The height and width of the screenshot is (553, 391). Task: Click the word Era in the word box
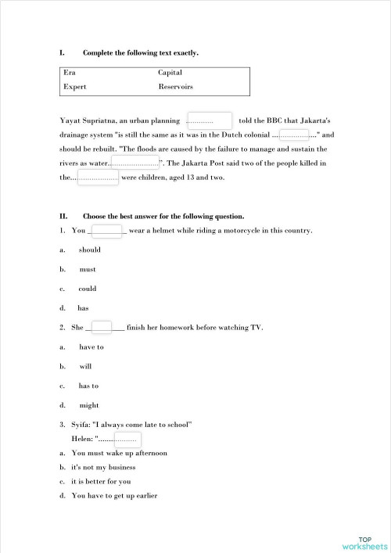pyautogui.click(x=69, y=73)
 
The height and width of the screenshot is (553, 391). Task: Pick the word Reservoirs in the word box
pyautogui.click(x=175, y=87)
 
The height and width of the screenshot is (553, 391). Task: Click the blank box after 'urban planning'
pyautogui.click(x=210, y=121)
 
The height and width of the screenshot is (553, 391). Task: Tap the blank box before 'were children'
pyautogui.click(x=98, y=178)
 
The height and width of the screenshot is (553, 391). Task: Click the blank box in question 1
pyautogui.click(x=106, y=231)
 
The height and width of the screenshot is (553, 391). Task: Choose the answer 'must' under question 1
pyautogui.click(x=88, y=268)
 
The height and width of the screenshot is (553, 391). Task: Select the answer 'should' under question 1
pyautogui.click(x=89, y=250)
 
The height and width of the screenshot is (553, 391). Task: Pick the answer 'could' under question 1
pyautogui.click(x=88, y=288)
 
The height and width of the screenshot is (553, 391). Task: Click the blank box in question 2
pyautogui.click(x=102, y=327)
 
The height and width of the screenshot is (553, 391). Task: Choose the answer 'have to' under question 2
pyautogui.click(x=91, y=347)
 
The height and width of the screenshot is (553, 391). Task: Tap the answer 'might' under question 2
pyautogui.click(x=89, y=405)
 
